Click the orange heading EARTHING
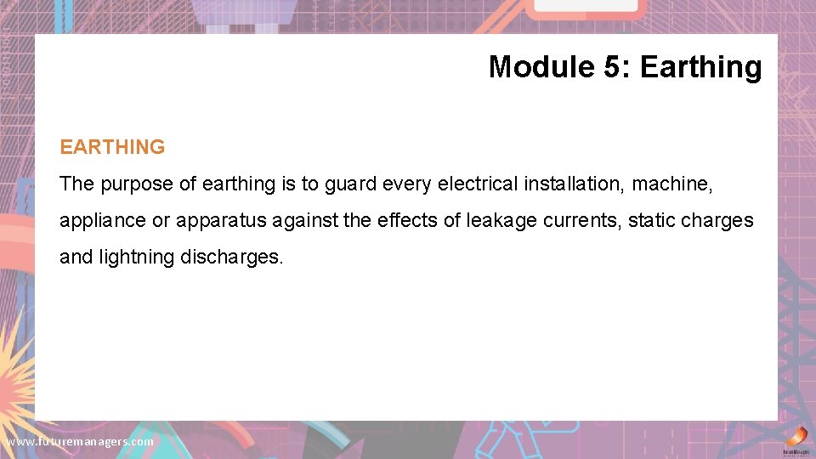pos(112,147)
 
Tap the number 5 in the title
pos(615,66)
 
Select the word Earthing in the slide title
pos(700,66)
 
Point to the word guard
pos(349,184)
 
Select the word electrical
pos(476,184)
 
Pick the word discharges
pos(231,257)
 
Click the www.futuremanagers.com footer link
pos(80,442)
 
